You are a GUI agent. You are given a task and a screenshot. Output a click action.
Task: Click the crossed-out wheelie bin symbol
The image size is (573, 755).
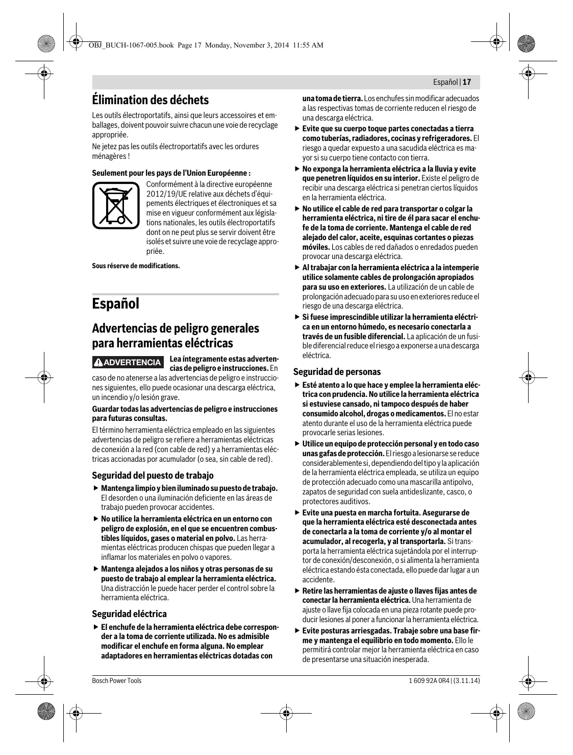click(x=116, y=205)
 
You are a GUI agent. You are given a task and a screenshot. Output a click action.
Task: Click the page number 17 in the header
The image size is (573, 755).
click(x=467, y=82)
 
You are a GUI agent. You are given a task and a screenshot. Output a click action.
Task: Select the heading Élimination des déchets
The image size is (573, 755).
click(x=150, y=100)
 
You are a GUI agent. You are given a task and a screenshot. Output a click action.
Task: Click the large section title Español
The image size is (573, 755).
click(x=115, y=303)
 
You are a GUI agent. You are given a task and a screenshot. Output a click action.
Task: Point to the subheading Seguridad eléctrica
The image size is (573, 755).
click(x=129, y=614)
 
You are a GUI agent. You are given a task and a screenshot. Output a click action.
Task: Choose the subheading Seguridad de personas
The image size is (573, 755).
click(x=337, y=371)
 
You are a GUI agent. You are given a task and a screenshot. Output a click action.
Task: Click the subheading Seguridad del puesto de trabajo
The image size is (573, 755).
click(x=153, y=476)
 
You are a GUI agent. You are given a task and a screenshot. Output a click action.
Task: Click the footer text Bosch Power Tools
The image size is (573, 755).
click(x=116, y=681)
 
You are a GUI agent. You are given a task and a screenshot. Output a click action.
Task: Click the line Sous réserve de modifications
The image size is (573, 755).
click(x=136, y=266)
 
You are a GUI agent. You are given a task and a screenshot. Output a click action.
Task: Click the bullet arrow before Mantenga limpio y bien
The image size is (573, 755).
click(x=95, y=488)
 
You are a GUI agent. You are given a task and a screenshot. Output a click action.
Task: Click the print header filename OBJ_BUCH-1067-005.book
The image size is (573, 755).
click(x=131, y=45)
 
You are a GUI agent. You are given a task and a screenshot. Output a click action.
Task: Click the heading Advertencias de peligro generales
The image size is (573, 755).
click(x=175, y=328)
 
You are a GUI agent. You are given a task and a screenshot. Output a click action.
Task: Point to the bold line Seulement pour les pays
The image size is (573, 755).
click(x=171, y=173)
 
